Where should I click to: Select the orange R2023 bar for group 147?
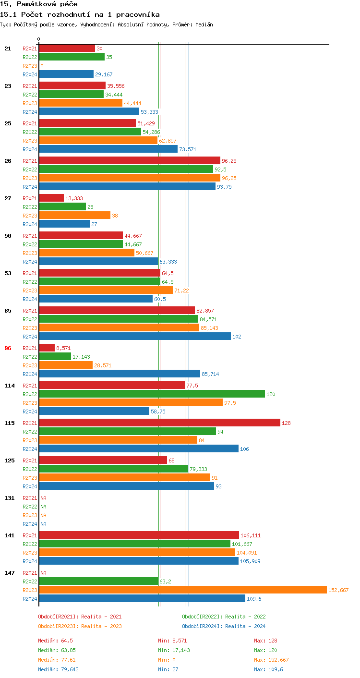coord(182,590)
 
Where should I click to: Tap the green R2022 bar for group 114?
coord(152,394)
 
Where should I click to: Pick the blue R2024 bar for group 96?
coord(120,374)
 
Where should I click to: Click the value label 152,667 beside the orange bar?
coord(338,590)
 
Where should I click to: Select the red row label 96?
coord(8,348)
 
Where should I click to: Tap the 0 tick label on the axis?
coord(39,39)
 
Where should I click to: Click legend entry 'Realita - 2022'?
coord(224,617)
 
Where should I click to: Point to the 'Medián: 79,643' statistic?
coord(58,669)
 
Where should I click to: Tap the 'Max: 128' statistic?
coord(265,641)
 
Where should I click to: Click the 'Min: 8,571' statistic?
coord(172,641)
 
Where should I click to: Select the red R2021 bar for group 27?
coord(51,198)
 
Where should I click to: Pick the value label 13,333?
coord(74,198)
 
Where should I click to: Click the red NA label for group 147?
coord(43,573)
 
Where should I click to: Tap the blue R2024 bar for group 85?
coord(135,336)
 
